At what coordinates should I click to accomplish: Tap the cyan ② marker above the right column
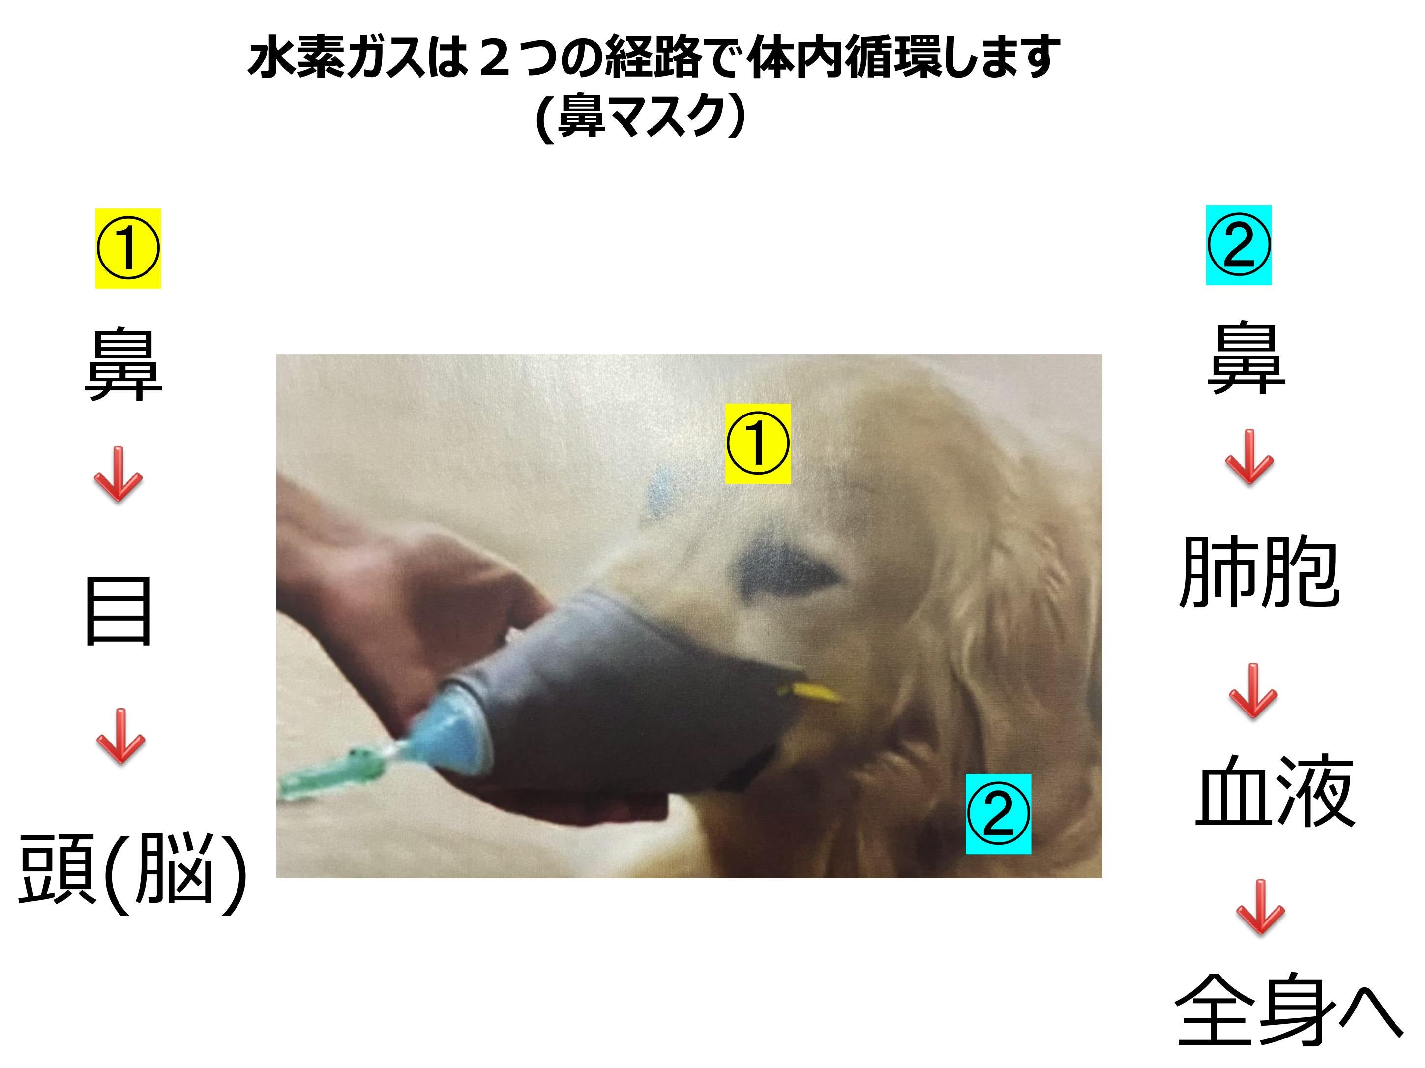[x=1238, y=245]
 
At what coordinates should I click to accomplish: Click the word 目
[x=119, y=611]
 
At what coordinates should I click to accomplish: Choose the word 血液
[x=1275, y=791]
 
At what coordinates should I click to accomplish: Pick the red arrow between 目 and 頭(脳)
[x=120, y=736]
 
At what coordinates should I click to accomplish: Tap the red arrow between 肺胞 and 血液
[x=1253, y=690]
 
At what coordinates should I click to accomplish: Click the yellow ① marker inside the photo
[x=758, y=443]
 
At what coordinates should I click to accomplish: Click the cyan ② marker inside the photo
[x=998, y=814]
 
